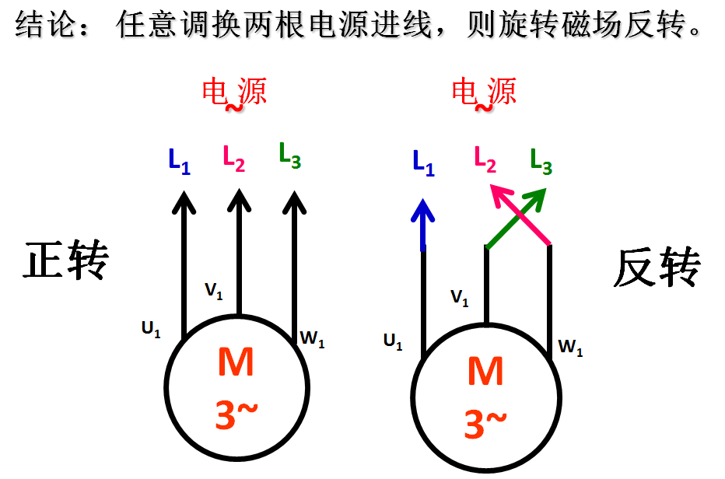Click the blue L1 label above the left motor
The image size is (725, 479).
(179, 161)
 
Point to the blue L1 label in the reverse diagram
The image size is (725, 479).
(423, 163)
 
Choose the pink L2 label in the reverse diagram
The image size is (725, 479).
(485, 159)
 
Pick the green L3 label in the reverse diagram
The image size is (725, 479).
(541, 160)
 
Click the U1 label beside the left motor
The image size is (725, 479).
(151, 330)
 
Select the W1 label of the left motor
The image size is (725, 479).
(312, 339)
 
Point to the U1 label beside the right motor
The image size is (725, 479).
(393, 341)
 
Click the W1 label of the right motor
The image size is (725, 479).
(571, 349)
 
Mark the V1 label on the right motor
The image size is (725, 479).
(460, 297)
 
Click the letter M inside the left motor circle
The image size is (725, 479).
(236, 363)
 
